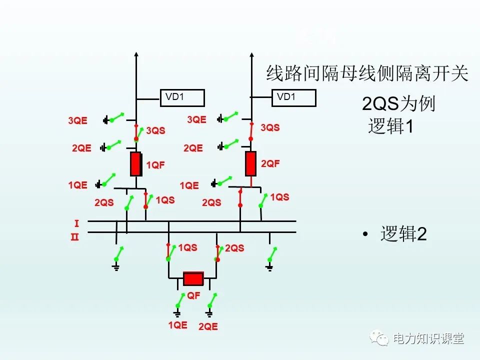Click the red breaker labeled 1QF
click(135, 164)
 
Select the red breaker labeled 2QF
click(250, 163)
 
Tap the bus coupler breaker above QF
click(193, 278)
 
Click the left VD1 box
click(182, 97)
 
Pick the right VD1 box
click(294, 97)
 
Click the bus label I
click(76, 222)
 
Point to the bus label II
click(74, 237)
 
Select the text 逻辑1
click(391, 126)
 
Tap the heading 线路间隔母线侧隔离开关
click(367, 74)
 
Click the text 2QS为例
click(398, 104)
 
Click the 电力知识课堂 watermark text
click(428, 338)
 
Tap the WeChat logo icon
click(379, 339)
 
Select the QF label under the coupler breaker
click(193, 295)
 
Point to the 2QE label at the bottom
click(208, 326)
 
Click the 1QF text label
click(155, 165)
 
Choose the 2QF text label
click(270, 163)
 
